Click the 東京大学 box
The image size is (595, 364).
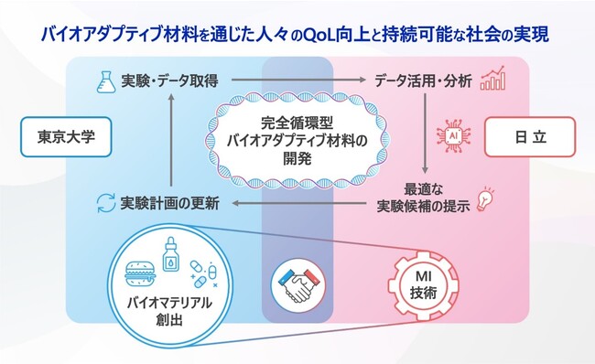pyautogui.click(x=61, y=139)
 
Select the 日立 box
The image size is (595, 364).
pyautogui.click(x=531, y=139)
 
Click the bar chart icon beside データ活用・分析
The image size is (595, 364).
pyautogui.click(x=493, y=80)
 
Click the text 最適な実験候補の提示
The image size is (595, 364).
pyautogui.click(x=424, y=198)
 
